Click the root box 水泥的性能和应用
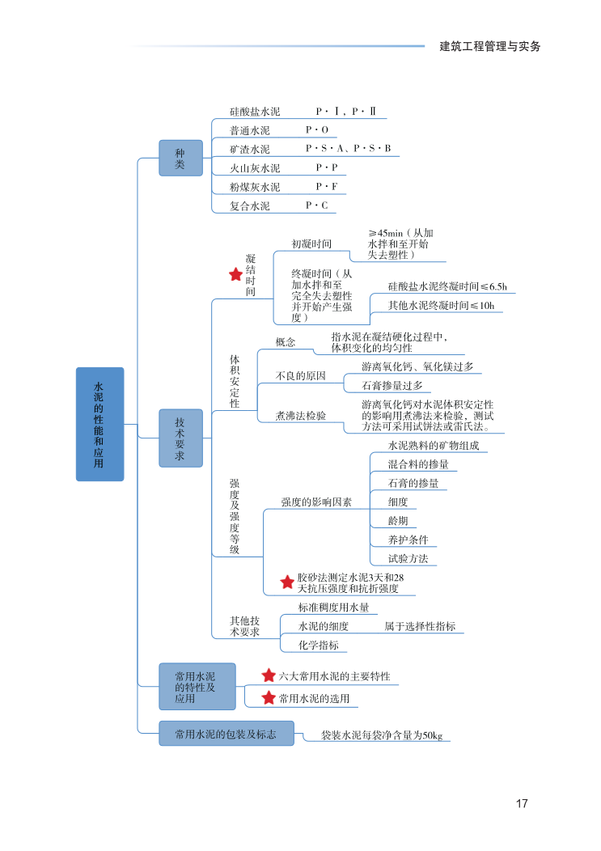[x=99, y=424]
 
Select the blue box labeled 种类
[x=180, y=158]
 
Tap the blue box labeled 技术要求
[x=180, y=438]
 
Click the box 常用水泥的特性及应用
[x=197, y=686]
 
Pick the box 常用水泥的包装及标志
[x=226, y=734]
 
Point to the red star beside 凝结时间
[x=235, y=275]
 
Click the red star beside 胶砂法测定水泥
[x=286, y=582]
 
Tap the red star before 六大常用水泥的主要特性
[x=269, y=675]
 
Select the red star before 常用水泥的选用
[x=269, y=697]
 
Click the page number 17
[x=522, y=803]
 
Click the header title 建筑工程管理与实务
[x=489, y=46]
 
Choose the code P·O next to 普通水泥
[x=317, y=129]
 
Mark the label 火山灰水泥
[x=255, y=168]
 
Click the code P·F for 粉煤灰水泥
[x=327, y=187]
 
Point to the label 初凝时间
[x=311, y=243]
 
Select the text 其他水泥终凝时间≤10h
[x=440, y=305]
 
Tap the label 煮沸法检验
[x=301, y=415]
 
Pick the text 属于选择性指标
[x=420, y=626]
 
